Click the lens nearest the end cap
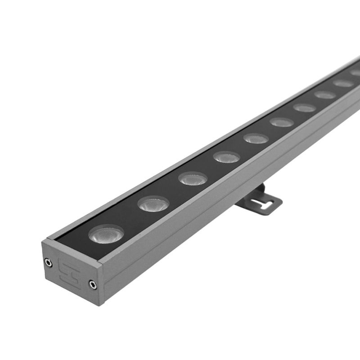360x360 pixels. (106, 234)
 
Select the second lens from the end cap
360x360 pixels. (153, 203)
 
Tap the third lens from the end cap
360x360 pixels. (193, 179)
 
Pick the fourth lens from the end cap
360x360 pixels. (226, 157)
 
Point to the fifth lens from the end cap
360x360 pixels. (256, 138)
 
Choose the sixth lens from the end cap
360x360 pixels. (282, 122)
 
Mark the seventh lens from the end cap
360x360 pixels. (305, 108)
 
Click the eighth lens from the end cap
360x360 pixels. (325, 94)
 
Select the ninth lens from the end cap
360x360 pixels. (343, 83)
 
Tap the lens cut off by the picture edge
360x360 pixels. (356, 72)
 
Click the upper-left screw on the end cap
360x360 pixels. (48, 262)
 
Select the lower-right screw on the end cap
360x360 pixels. (92, 284)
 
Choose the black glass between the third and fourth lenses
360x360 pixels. (209, 168)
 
